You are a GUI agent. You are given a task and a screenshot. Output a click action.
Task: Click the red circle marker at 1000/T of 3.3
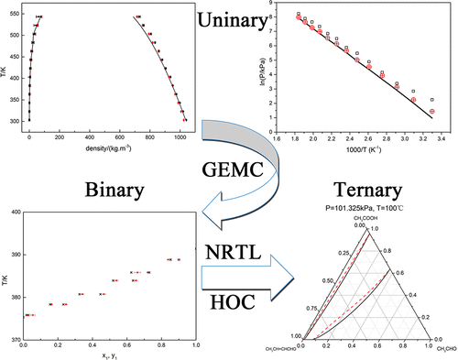pyautogui.click(x=431, y=111)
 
